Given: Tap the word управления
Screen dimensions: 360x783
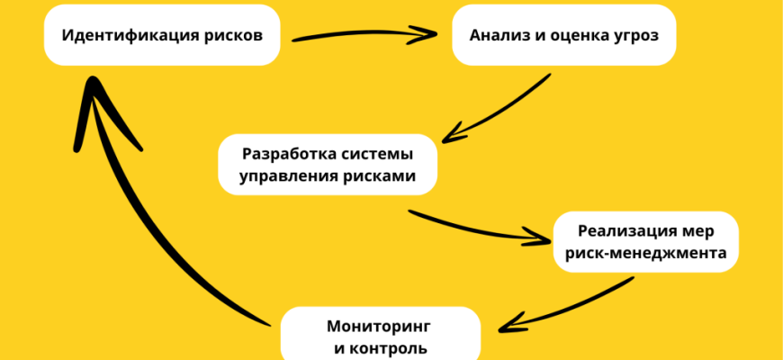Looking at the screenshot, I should pyautogui.click(x=289, y=176).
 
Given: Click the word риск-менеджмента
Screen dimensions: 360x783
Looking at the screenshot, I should pyautogui.click(x=645, y=255).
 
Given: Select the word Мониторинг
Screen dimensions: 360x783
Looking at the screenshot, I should pyautogui.click(x=380, y=322).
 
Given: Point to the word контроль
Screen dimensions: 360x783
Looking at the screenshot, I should pyautogui.click(x=389, y=347).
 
